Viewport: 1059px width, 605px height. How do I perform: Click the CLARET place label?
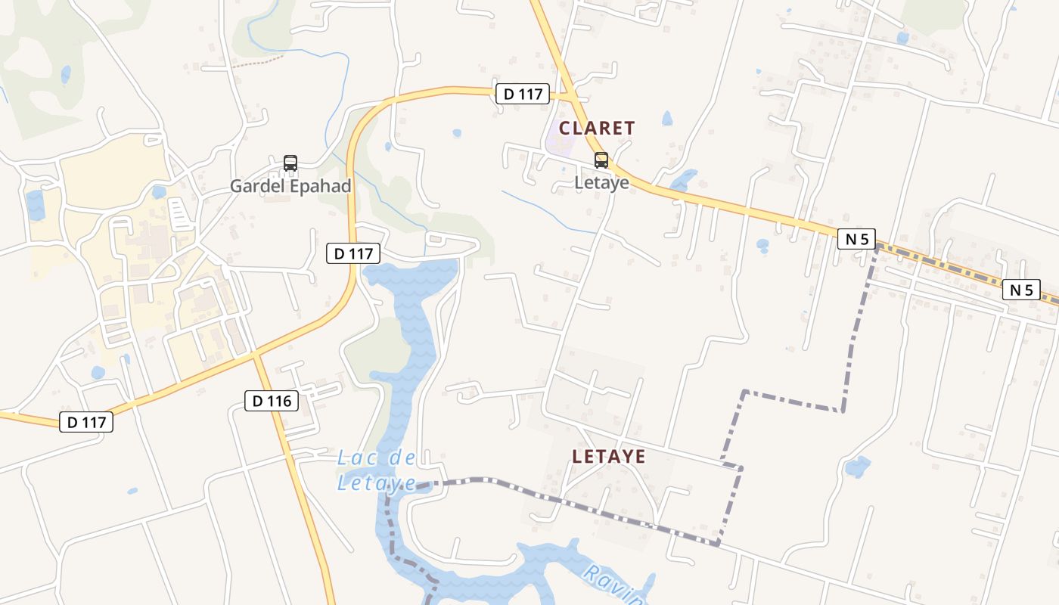pyautogui.click(x=597, y=129)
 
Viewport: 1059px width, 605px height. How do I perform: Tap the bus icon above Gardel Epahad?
pyautogui.click(x=290, y=163)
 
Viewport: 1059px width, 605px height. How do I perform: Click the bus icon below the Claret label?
pyautogui.click(x=601, y=160)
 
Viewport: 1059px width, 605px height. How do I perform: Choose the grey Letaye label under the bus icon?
pyautogui.click(x=602, y=182)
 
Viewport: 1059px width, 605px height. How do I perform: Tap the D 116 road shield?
pyautogui.click(x=272, y=401)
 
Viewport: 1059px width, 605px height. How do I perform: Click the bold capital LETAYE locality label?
pyautogui.click(x=609, y=457)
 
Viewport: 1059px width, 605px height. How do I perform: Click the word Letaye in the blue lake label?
pyautogui.click(x=376, y=482)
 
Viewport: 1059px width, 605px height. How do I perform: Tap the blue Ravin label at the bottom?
pyautogui.click(x=614, y=583)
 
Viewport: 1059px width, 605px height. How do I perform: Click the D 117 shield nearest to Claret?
pyautogui.click(x=523, y=94)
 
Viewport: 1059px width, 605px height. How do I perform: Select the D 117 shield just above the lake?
pyautogui.click(x=353, y=254)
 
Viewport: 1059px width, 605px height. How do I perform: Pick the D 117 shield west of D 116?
pyautogui.click(x=86, y=422)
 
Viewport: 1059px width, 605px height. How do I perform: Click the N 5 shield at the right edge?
pyautogui.click(x=1021, y=290)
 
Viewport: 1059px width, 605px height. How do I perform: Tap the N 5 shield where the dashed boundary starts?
pyautogui.click(x=856, y=239)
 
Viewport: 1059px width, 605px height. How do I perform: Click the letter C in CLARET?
pyautogui.click(x=564, y=129)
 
